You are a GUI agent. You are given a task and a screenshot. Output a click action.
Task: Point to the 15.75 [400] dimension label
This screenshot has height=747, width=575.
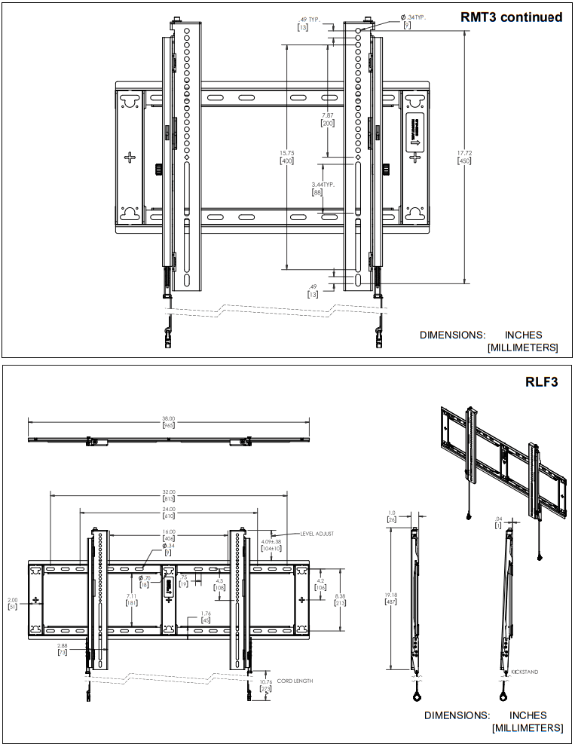click(x=286, y=157)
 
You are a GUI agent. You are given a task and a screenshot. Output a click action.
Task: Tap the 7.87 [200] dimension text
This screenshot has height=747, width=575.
click(x=327, y=119)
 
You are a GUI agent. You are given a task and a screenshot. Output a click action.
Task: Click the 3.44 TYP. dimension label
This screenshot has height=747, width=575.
click(x=323, y=188)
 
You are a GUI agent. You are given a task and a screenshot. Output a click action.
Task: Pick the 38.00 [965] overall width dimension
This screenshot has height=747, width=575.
click(x=168, y=422)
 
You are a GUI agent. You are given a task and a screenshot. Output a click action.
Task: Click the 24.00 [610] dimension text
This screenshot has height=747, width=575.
click(x=168, y=513)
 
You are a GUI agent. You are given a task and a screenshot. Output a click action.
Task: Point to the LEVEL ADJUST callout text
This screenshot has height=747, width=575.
click(x=317, y=533)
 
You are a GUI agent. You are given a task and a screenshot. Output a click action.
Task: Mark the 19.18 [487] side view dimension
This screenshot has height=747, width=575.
click(x=391, y=598)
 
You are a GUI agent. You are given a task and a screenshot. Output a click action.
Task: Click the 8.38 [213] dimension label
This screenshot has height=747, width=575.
click(x=341, y=599)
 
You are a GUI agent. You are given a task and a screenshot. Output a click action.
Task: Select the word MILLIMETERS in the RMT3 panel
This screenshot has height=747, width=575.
click(x=522, y=347)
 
